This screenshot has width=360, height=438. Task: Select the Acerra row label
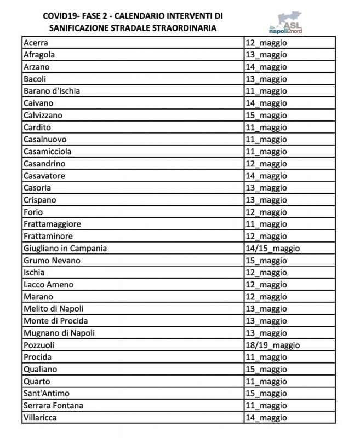click(36, 43)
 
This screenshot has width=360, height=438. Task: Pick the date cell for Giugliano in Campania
click(272, 249)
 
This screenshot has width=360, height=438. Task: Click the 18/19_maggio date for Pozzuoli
click(272, 345)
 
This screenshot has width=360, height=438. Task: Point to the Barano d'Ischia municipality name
click(52, 91)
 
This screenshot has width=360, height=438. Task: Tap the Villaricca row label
click(40, 418)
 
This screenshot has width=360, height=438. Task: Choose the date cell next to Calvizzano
click(266, 116)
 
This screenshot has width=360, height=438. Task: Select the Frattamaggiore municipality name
click(52, 224)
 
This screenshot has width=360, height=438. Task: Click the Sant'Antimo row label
click(47, 394)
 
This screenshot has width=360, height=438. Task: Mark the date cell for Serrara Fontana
click(266, 406)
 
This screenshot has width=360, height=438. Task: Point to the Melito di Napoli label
click(54, 309)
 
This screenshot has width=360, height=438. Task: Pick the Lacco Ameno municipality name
click(48, 285)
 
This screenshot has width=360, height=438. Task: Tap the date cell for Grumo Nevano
click(266, 261)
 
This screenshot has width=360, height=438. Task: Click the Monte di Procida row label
click(55, 321)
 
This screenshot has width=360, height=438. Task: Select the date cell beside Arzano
click(266, 67)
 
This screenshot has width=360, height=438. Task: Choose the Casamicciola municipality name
click(48, 152)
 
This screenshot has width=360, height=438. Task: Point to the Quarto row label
click(37, 382)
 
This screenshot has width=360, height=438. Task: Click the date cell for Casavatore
click(266, 176)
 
